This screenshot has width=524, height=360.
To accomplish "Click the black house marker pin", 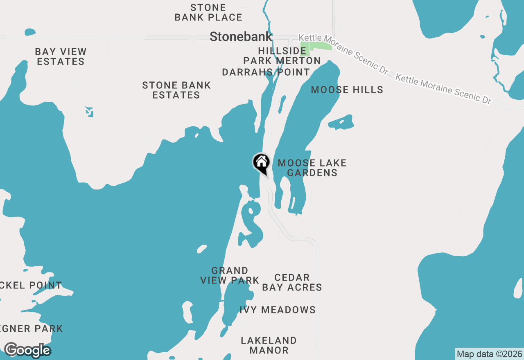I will (x=261, y=163).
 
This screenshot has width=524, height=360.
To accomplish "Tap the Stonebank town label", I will (x=241, y=37).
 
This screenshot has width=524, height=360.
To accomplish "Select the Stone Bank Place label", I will (x=208, y=13).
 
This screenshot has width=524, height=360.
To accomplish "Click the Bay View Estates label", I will (x=61, y=57).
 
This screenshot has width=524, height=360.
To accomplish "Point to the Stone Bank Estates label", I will (x=176, y=90).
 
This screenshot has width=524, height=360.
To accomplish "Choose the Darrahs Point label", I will (x=266, y=72).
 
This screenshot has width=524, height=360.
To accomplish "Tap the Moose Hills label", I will (x=347, y=90).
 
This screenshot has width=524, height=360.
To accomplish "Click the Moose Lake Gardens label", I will (x=312, y=168).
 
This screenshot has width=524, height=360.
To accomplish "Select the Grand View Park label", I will (x=230, y=275).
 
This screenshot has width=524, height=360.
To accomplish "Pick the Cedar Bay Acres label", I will (x=292, y=283).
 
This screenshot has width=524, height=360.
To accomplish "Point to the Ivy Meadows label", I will (x=278, y=310).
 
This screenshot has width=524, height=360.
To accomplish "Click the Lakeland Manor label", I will (x=269, y=345).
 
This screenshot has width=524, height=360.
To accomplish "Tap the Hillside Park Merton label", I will (x=282, y=56).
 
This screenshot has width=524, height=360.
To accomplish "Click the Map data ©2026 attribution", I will (x=489, y=354).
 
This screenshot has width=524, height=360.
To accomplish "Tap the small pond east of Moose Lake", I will (x=341, y=122).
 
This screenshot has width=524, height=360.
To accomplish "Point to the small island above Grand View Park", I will (x=202, y=249).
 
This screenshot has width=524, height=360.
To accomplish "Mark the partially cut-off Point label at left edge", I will (x=31, y=286).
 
